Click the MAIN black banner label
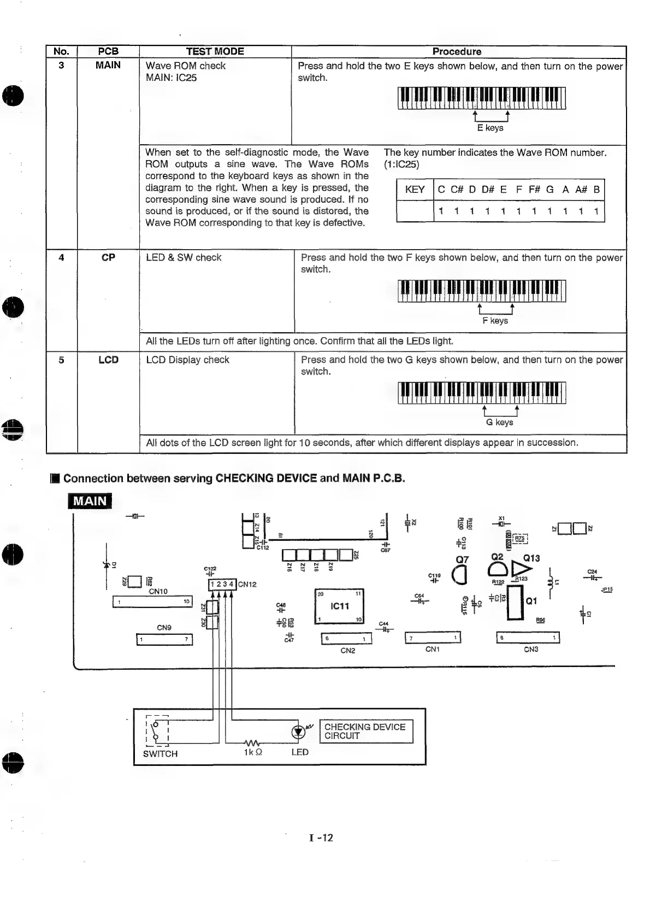coord(90,500)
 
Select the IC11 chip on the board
coord(339,606)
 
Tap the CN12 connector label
coord(247,584)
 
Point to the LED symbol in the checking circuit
coord(298,732)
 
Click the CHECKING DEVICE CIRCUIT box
coord(365,731)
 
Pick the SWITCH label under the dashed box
coord(160,753)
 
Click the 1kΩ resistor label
coord(253,752)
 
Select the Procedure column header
coord(457,52)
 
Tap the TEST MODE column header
coord(215,52)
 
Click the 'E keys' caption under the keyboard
coord(490,128)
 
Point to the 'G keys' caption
coord(499,422)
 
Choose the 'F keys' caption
coord(495,321)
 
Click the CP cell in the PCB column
coord(108,257)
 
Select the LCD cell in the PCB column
coord(108,360)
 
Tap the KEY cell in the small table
coord(415,190)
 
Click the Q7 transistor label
coord(462,559)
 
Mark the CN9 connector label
coord(164,628)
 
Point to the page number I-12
coord(321,838)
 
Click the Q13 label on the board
coord(531,558)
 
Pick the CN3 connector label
coord(531,650)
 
